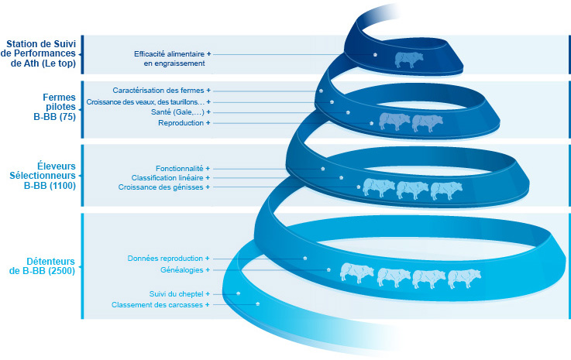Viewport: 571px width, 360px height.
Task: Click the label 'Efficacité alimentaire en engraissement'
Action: [169, 59]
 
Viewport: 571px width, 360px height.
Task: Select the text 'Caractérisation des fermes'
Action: [158, 91]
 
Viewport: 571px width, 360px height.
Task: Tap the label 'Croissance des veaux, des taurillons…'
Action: [145, 101]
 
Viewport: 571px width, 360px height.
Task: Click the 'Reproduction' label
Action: [181, 123]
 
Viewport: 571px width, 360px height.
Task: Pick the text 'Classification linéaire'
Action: [167, 177]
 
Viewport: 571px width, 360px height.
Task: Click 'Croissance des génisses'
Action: [160, 187]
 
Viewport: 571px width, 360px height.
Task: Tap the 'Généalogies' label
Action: [181, 269]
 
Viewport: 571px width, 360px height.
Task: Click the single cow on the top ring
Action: [410, 59]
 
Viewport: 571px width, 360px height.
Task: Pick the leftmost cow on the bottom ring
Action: [357, 273]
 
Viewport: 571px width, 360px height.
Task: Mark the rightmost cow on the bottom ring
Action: [465, 278]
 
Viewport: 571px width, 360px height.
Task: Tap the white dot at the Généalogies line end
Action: [329, 269]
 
